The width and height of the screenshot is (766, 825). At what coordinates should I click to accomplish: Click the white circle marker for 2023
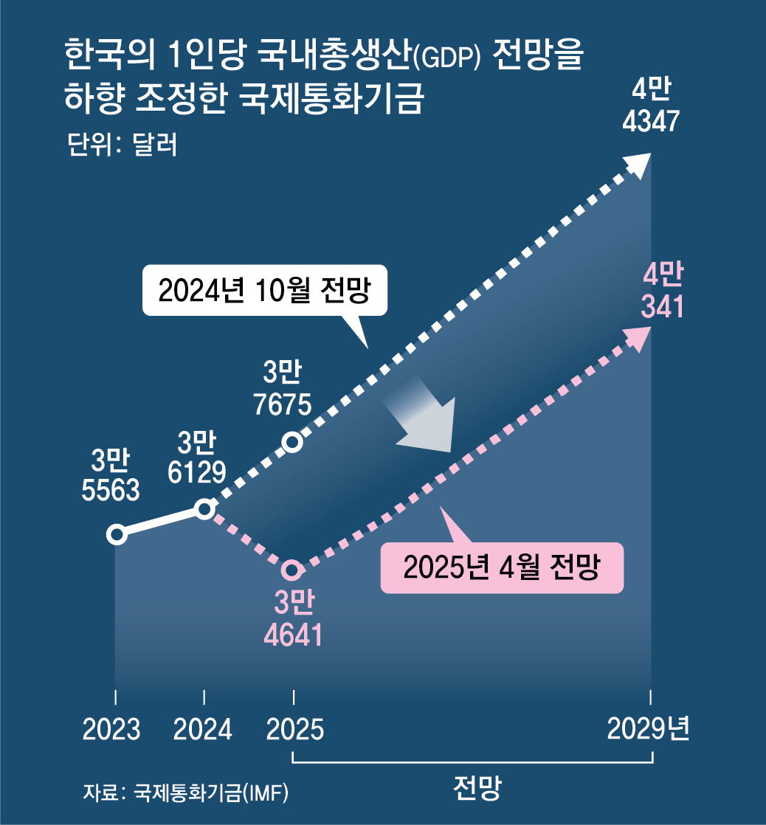(x=116, y=534)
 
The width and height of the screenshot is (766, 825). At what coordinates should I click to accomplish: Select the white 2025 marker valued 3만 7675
(x=293, y=442)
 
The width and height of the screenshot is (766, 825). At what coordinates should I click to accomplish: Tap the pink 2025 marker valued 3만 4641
(x=293, y=570)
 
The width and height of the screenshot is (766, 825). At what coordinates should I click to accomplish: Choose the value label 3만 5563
(x=111, y=476)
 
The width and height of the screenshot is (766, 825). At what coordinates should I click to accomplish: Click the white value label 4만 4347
(x=650, y=107)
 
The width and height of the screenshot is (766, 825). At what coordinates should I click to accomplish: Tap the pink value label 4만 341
(x=662, y=292)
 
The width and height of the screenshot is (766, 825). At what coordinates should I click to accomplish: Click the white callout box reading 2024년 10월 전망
(x=263, y=291)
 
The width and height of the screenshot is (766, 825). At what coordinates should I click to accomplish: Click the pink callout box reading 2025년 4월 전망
(x=502, y=568)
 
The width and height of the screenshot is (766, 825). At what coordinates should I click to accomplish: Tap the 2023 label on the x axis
(x=111, y=730)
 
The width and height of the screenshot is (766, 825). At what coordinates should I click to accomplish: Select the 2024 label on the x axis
(x=203, y=730)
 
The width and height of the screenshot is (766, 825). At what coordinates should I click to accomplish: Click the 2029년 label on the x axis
(x=649, y=729)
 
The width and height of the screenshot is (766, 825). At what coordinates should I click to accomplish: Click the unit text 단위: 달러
(x=122, y=145)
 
